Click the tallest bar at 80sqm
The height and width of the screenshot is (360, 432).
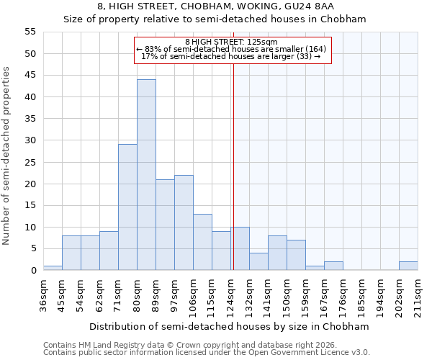pyautogui.click(x=146, y=175)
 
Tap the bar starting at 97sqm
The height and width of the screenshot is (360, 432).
pyautogui.click(x=184, y=222)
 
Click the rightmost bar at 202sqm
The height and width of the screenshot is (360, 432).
pyautogui.click(x=408, y=266)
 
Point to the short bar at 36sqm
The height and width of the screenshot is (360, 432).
pyautogui.click(x=53, y=268)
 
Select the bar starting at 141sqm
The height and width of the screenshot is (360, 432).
pyautogui.click(x=277, y=253)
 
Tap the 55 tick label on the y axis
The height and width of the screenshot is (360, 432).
pyautogui.click(x=30, y=32)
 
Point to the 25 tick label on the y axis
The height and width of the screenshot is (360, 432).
pyautogui.click(x=30, y=162)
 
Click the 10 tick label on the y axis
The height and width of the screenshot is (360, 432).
pyautogui.click(x=30, y=227)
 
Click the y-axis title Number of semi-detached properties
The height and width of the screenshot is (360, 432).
pyautogui.click(x=7, y=156)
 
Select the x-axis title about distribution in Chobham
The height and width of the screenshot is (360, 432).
pyautogui.click(x=230, y=326)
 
